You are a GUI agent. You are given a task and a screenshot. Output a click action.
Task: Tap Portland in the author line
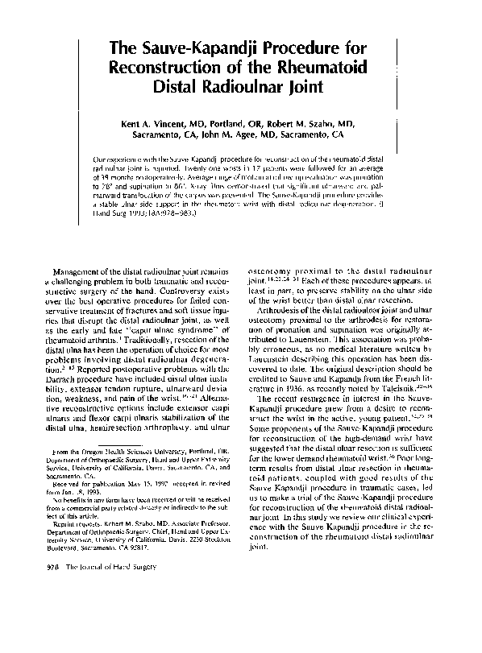(231, 122)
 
